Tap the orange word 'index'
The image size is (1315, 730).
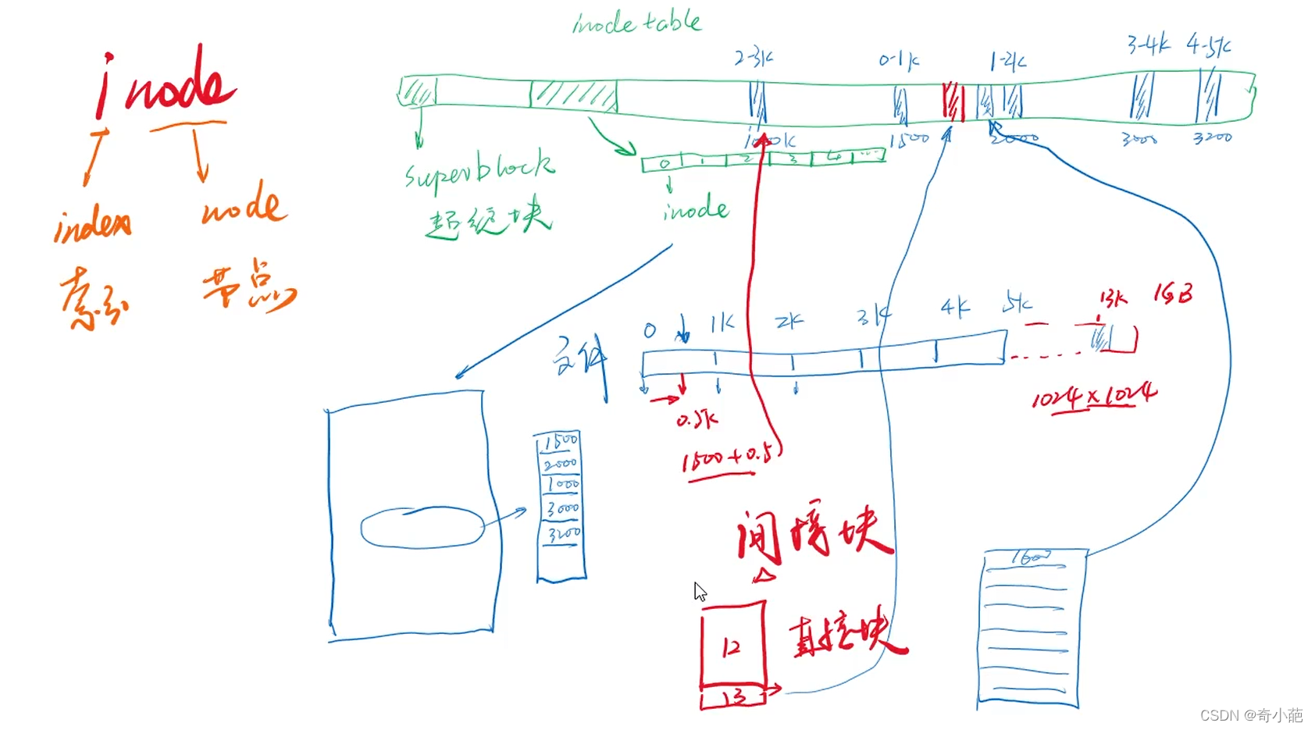point(92,225)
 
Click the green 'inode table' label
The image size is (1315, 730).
point(636,23)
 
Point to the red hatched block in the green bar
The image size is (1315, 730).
point(953,101)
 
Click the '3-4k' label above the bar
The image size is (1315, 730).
point(1148,45)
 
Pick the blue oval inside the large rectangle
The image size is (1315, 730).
point(422,528)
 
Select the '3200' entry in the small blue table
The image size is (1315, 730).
point(563,535)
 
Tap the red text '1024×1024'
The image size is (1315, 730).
point(1094,397)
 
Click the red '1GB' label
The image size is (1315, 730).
point(1173,294)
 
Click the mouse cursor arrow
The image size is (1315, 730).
point(700,591)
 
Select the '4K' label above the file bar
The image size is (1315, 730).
point(955,307)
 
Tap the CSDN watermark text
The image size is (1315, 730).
point(1251,715)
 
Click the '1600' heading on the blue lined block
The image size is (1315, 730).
point(1032,558)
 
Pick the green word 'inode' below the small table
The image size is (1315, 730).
point(696,210)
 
